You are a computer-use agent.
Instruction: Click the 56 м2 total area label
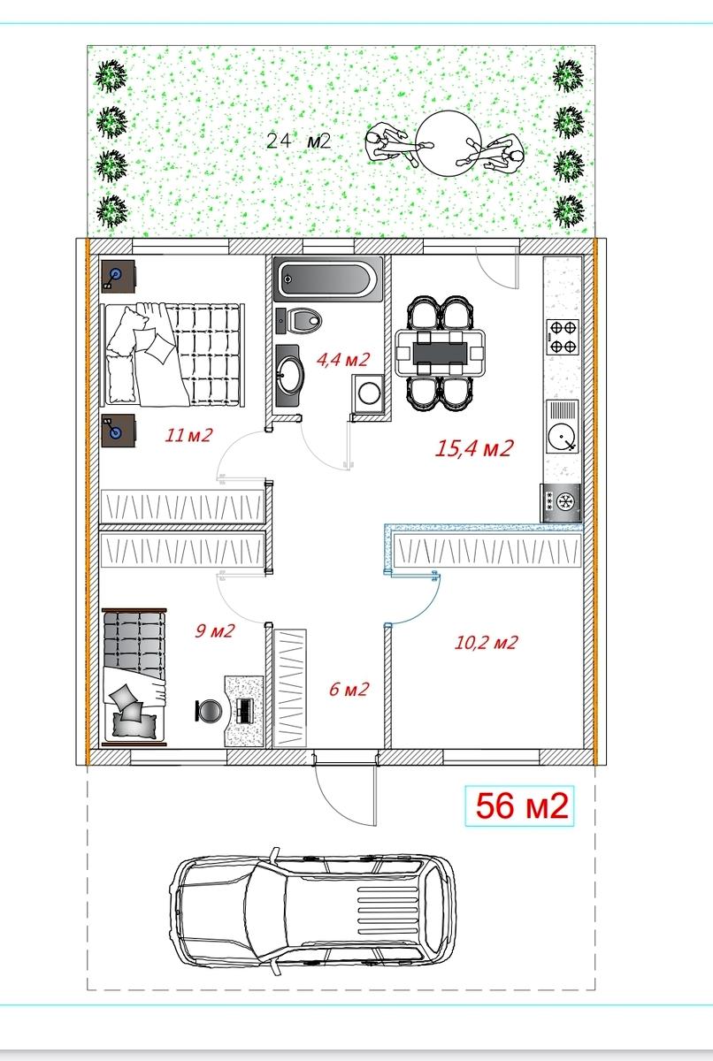[x=522, y=805]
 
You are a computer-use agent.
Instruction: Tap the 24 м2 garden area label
[x=298, y=141]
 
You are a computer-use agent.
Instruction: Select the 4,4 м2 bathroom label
[x=342, y=360]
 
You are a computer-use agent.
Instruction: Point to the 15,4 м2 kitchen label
[x=474, y=448]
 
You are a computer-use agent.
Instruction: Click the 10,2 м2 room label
[x=486, y=642]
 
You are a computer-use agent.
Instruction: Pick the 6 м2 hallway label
[x=349, y=689]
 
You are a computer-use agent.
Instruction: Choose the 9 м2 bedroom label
[x=215, y=631]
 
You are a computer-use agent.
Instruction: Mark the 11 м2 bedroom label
[x=188, y=435]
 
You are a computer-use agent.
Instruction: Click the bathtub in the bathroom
[x=328, y=279]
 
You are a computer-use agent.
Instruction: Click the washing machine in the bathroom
[x=368, y=393]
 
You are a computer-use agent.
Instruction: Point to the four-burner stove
[x=563, y=337]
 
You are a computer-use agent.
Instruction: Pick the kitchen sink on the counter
[x=563, y=426]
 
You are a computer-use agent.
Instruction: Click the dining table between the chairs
[x=441, y=353]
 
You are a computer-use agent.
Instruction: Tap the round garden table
[x=448, y=142]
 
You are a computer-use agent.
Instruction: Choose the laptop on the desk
[x=245, y=711]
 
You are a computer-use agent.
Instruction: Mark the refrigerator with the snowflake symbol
[x=561, y=502]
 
